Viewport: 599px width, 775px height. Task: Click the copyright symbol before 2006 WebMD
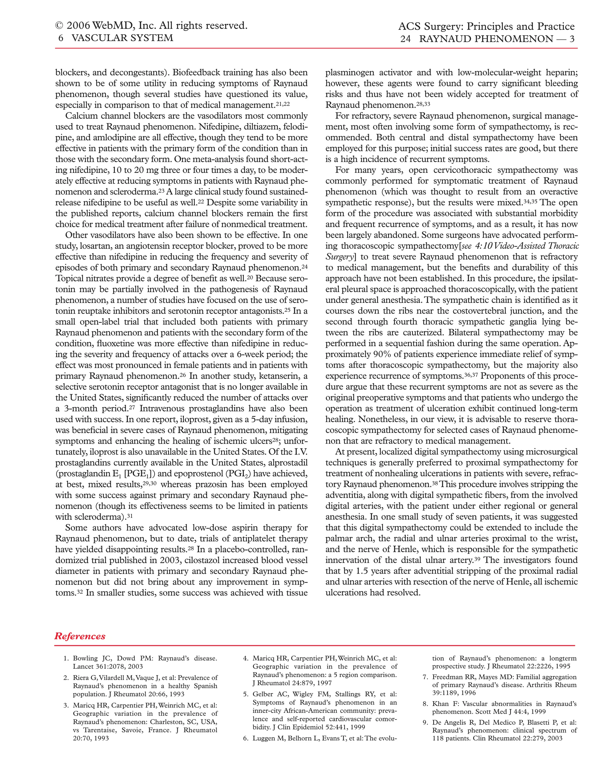point(59,26)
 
